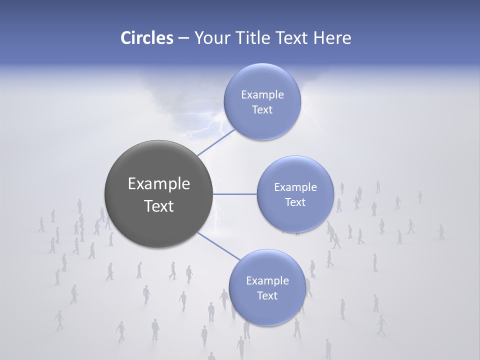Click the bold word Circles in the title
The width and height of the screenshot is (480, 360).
[x=146, y=38]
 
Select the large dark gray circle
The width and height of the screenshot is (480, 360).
[x=158, y=194]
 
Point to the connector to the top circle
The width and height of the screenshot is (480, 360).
[x=216, y=142]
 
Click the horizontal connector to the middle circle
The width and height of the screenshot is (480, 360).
[x=234, y=194]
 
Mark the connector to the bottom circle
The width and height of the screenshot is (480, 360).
[x=218, y=246]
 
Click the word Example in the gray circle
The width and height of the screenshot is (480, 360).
[x=158, y=183]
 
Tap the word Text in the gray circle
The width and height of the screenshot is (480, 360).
[x=158, y=205]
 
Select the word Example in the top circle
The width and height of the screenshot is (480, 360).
[x=262, y=94]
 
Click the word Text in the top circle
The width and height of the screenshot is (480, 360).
[x=262, y=109]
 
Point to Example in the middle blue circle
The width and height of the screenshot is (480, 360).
[x=295, y=187]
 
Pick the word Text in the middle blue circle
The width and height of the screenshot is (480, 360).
[x=295, y=202]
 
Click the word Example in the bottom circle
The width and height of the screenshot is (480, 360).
[x=267, y=280]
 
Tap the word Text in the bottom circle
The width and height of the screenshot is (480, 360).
[x=267, y=295]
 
